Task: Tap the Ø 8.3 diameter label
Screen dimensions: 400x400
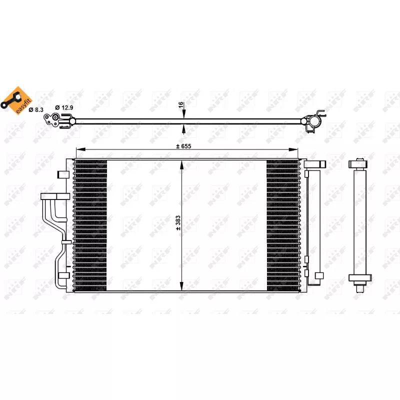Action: pyautogui.click(x=36, y=108)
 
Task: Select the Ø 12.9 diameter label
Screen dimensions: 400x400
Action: pyautogui.click(x=64, y=108)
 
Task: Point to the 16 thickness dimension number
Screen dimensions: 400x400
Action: pyautogui.click(x=181, y=105)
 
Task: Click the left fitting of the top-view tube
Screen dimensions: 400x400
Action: pyautogui.click(x=55, y=120)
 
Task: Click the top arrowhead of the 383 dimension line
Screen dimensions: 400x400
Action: pyautogui.click(x=181, y=163)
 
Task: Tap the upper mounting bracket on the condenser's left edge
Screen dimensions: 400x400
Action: pyautogui.click(x=63, y=174)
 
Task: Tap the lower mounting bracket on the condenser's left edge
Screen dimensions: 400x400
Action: pyautogui.click(x=63, y=275)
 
